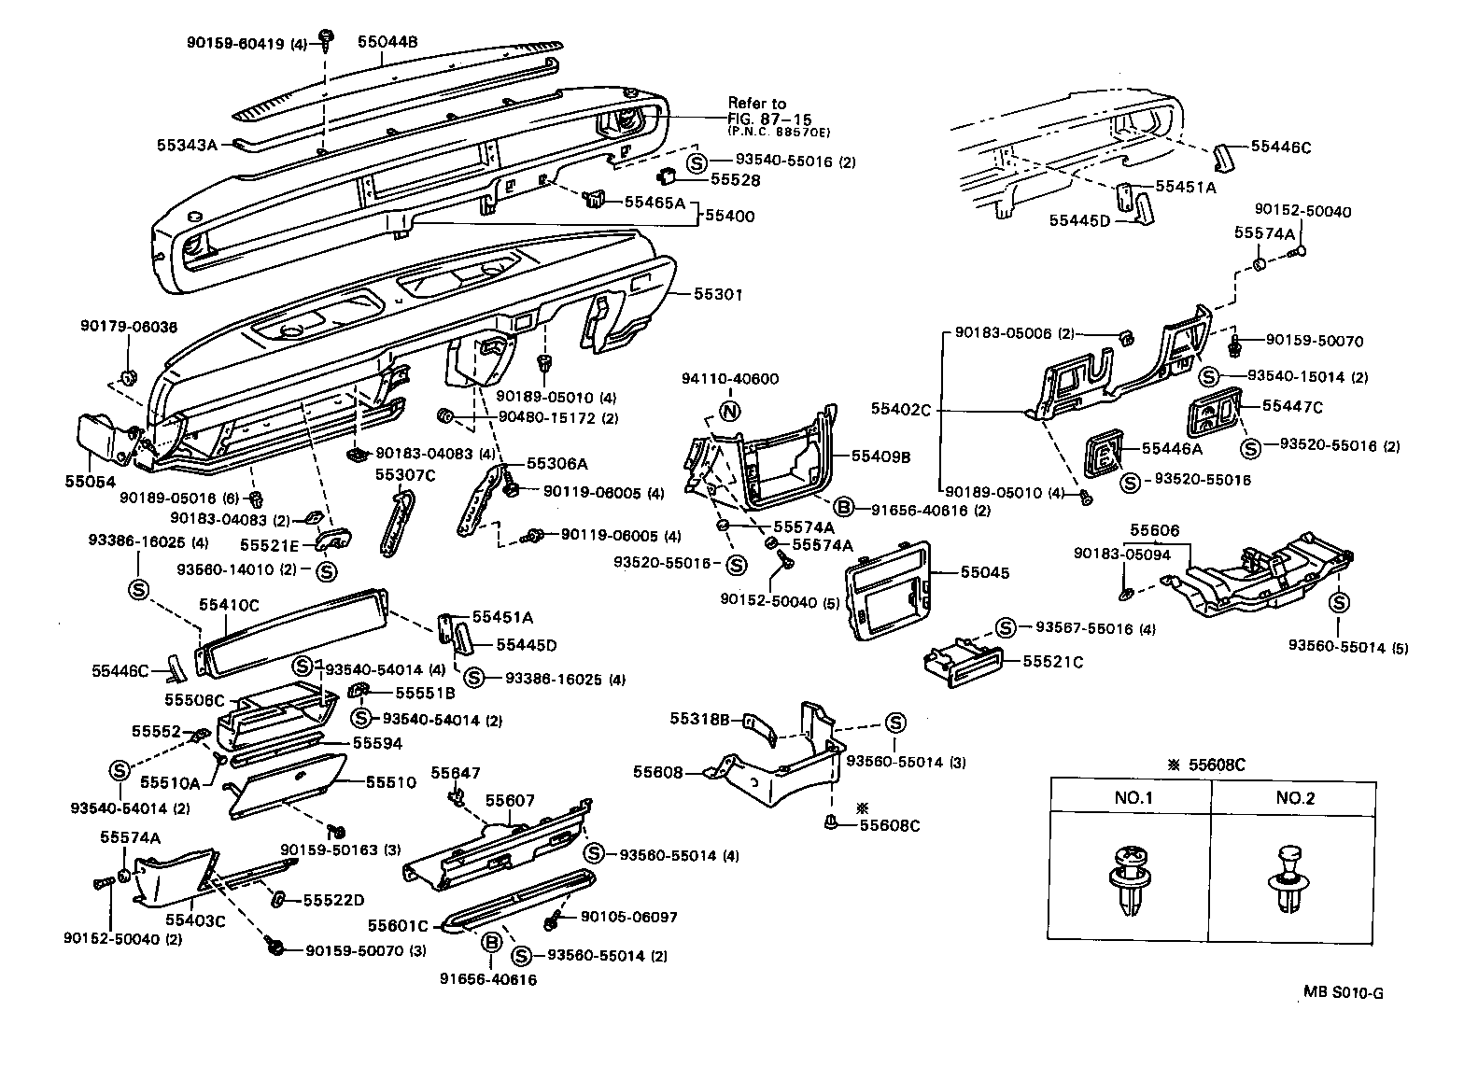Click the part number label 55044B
(387, 42)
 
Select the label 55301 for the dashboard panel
(718, 294)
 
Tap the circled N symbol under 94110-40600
(730, 412)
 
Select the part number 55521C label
(1052, 662)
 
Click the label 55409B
(880, 456)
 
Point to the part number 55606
(1155, 530)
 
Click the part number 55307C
(405, 474)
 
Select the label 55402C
(903, 409)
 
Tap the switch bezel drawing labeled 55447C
(1214, 414)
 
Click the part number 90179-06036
(128, 326)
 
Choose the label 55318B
(699, 719)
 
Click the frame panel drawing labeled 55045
(887, 590)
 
